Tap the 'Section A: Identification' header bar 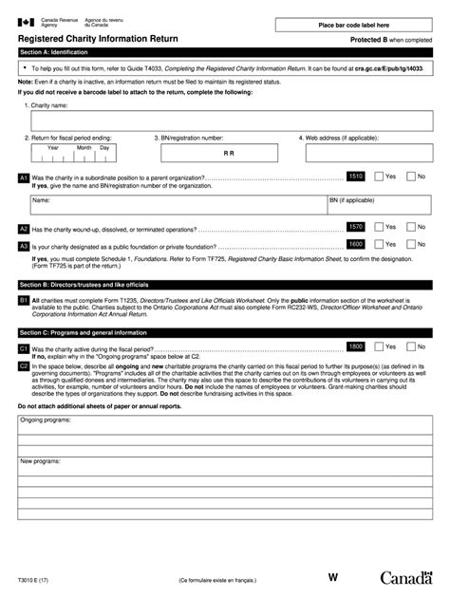(225, 53)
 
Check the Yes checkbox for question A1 (379, 177)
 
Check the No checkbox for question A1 (410, 177)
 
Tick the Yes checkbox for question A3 (379, 244)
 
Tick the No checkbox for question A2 (410, 228)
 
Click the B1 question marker (24, 300)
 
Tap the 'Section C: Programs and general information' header (225, 333)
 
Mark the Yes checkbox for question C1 (379, 347)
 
